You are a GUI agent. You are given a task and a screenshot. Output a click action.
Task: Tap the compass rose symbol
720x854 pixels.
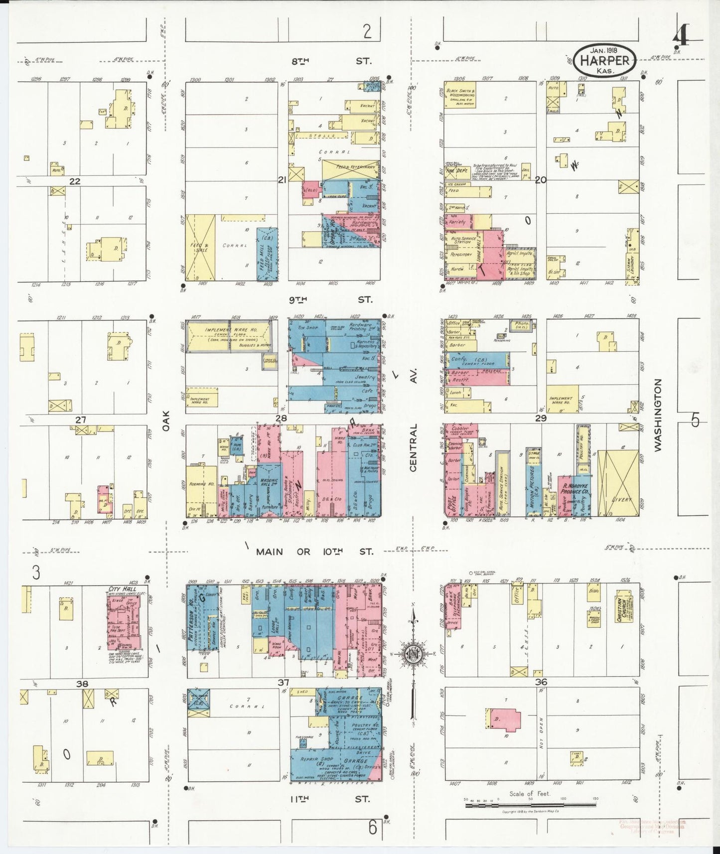tap(413, 653)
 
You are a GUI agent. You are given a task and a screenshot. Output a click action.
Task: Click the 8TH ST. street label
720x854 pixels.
tap(331, 61)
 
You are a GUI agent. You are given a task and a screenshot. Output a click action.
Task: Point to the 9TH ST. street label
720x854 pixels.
tap(331, 299)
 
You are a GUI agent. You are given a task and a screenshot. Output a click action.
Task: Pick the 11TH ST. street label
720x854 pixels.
tap(331, 799)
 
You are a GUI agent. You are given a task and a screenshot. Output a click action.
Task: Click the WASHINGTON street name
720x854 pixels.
tap(658, 415)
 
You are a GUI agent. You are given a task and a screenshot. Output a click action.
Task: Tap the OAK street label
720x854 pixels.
tap(166, 421)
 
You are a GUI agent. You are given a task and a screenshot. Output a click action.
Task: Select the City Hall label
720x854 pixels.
tap(122, 589)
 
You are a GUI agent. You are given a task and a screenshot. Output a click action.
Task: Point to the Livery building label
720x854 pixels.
tap(621, 499)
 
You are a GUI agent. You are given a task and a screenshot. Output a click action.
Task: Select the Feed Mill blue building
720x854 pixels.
tap(267, 254)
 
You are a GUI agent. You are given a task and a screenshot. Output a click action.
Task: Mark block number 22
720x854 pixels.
tap(75, 181)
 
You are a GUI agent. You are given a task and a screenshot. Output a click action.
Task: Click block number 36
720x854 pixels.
tap(541, 682)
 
